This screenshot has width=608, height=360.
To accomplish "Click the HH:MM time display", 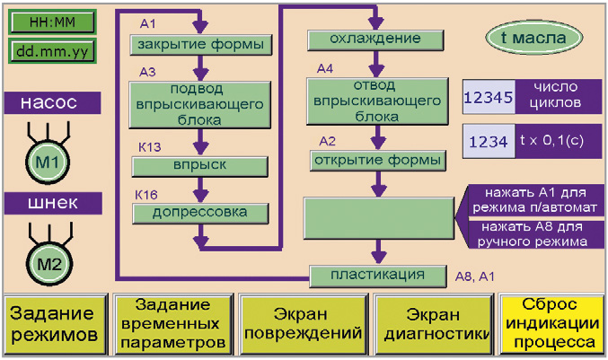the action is click(x=52, y=22).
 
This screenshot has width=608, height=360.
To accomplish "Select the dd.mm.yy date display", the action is click(x=52, y=51).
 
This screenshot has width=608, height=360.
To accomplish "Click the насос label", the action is click(x=52, y=102).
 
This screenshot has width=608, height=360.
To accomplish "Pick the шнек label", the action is click(x=53, y=203).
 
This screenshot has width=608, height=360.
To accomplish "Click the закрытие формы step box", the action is click(x=200, y=45).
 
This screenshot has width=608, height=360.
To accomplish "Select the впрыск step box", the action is click(x=199, y=166).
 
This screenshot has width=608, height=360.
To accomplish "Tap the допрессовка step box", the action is click(x=200, y=213).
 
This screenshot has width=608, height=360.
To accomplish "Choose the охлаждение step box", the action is click(x=375, y=40).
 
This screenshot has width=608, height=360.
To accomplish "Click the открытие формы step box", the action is click(x=378, y=161).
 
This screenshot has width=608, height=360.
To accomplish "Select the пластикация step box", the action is click(x=378, y=276).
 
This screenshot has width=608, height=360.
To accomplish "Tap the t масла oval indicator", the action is click(x=534, y=38).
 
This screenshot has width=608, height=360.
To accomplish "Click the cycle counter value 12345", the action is click(x=489, y=97).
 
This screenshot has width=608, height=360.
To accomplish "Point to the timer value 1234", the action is click(x=489, y=142).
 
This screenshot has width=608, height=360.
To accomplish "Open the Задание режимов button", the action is click(x=55, y=325).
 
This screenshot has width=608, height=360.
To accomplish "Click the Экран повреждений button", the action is click(x=304, y=325).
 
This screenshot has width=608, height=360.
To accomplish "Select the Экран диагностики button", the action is click(x=434, y=325).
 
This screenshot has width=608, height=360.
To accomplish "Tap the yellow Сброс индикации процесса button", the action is click(x=552, y=325).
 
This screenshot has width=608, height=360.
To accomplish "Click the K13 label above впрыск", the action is click(x=150, y=147).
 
